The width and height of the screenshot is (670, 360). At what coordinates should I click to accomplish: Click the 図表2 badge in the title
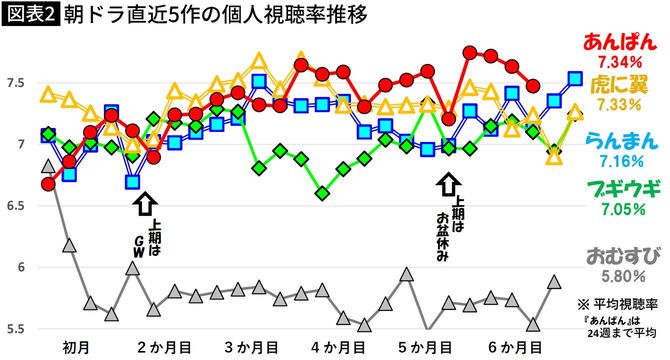(x=29, y=16)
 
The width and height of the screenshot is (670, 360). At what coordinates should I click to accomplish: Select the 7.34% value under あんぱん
(x=624, y=66)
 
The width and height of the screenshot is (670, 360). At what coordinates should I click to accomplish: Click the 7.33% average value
(x=624, y=105)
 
